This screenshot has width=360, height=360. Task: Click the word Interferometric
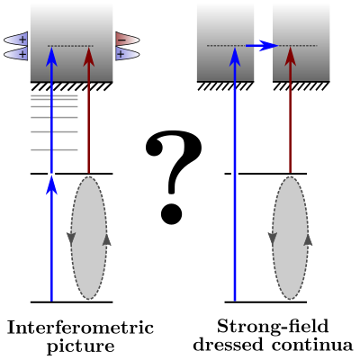click(80, 328)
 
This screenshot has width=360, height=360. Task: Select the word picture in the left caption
click(81, 346)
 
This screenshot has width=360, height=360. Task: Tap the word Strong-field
click(273, 326)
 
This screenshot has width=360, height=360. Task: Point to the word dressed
click(229, 345)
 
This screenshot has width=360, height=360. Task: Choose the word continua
click(312, 345)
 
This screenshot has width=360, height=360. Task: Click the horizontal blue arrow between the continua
click(262, 46)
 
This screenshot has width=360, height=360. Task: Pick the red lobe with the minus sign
click(127, 40)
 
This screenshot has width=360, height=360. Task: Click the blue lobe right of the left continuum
click(127, 54)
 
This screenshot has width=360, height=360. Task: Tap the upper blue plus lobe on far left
click(16, 40)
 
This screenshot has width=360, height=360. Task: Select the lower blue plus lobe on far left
click(16, 54)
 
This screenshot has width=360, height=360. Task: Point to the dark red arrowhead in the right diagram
click(290, 56)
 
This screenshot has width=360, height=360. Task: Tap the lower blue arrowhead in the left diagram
click(51, 184)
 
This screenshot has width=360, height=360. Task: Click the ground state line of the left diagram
click(72, 301)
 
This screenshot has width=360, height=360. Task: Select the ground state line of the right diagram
click(265, 301)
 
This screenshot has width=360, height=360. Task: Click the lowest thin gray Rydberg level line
click(54, 149)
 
